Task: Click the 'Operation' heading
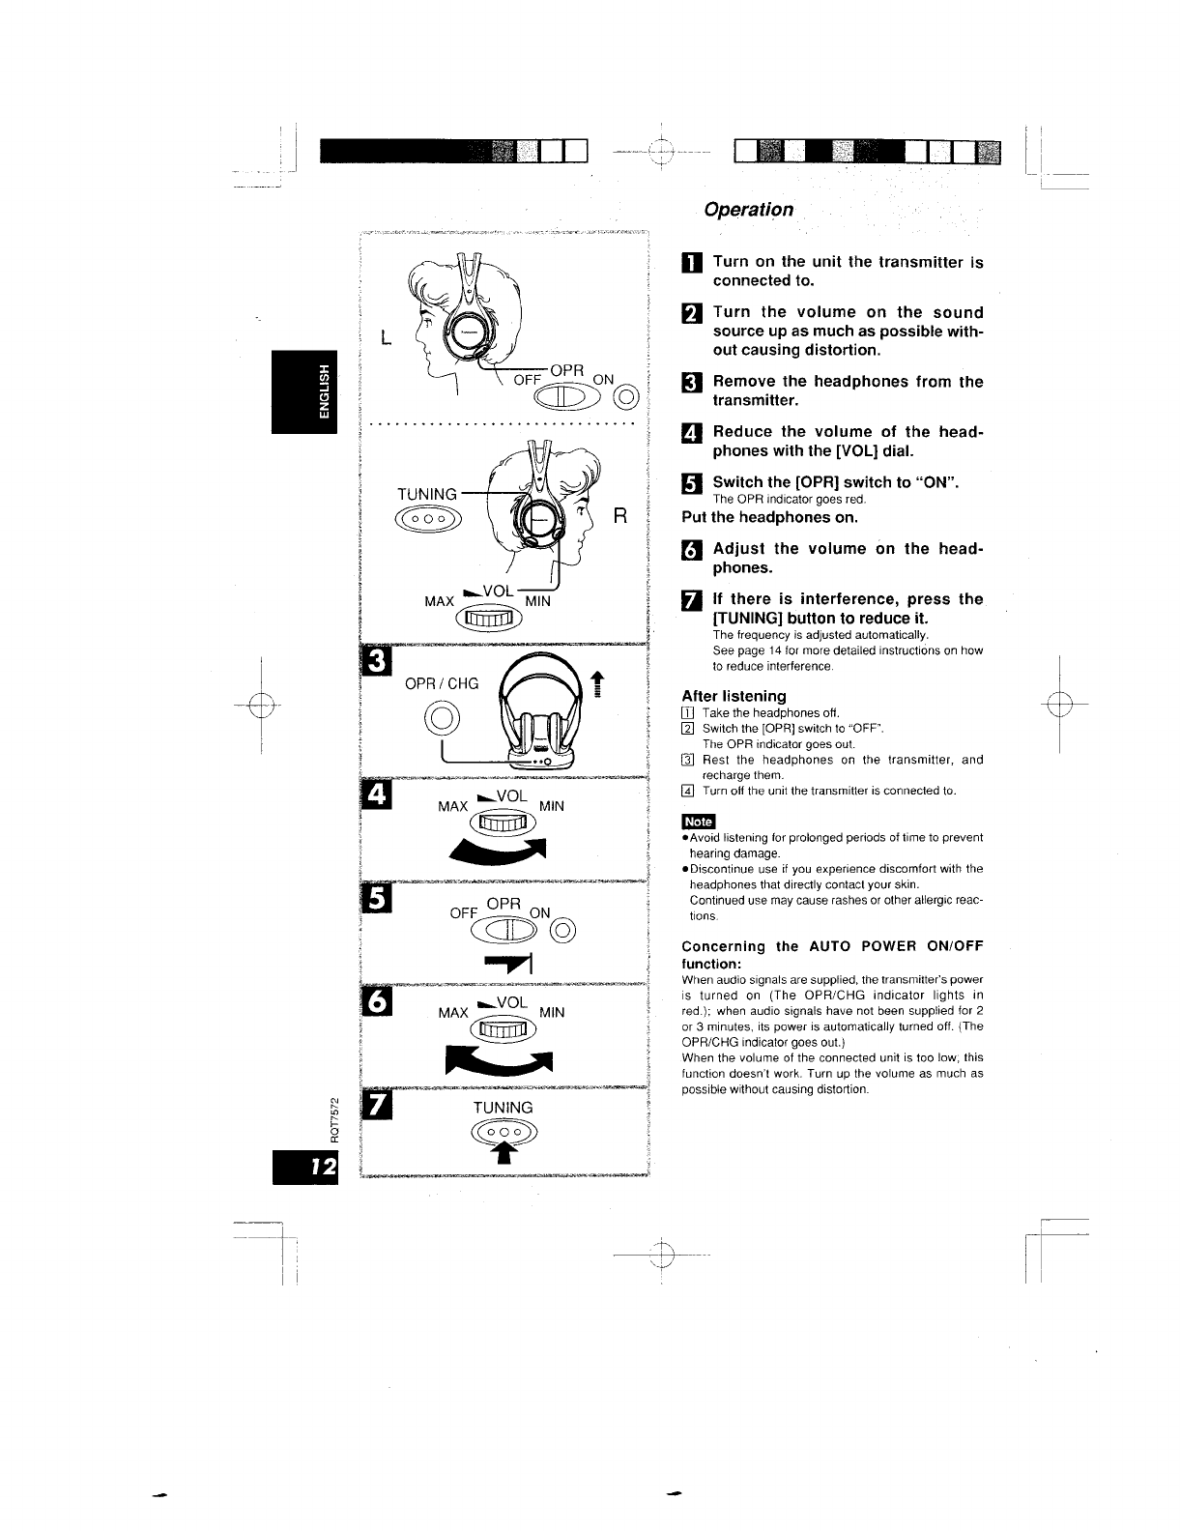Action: (749, 210)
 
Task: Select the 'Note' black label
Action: (698, 822)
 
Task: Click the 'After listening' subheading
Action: (734, 696)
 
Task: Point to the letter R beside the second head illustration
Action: (621, 517)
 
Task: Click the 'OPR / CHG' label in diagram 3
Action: (442, 683)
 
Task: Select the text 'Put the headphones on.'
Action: (769, 517)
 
